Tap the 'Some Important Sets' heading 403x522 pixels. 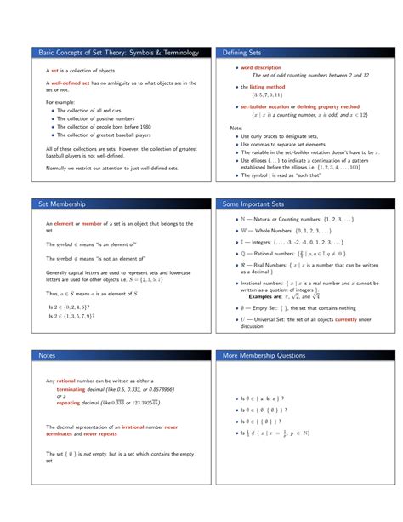253,204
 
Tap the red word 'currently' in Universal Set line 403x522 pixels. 345,319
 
